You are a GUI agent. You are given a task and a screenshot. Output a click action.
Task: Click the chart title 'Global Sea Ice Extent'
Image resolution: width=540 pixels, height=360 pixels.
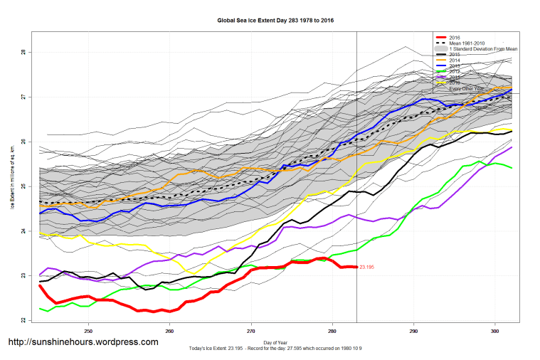coord(275,21)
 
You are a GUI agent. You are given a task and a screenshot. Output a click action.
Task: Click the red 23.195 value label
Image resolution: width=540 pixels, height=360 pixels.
coord(367,267)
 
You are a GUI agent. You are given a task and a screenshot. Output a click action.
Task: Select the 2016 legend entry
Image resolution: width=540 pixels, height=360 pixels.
coord(456,37)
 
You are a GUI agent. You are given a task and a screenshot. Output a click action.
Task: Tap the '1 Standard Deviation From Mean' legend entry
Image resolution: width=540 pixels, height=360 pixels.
coord(483,48)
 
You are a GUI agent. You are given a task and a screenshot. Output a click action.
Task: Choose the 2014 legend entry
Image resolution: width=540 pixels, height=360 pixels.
coord(456,60)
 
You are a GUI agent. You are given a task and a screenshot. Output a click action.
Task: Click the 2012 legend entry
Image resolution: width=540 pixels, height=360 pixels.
coord(456,71)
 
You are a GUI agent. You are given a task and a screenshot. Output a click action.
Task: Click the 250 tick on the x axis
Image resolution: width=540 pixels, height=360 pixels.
coord(89,331)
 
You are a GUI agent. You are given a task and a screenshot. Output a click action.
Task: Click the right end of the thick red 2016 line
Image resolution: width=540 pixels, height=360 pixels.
coord(355,267)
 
